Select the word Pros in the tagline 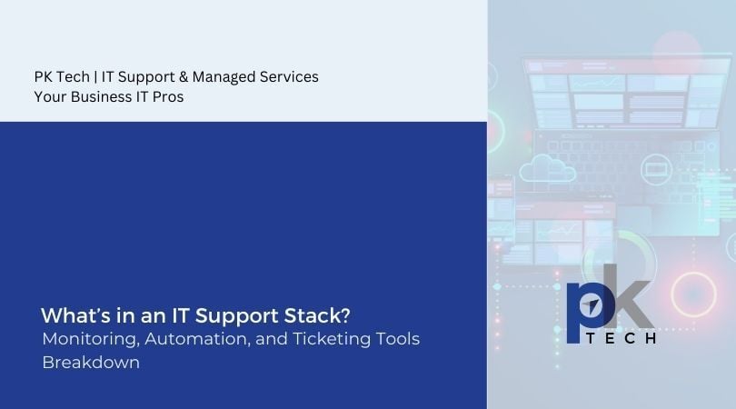tap(168, 97)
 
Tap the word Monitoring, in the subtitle tap(87, 338)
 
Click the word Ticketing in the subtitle tap(333, 338)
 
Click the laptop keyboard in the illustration tap(627, 145)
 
